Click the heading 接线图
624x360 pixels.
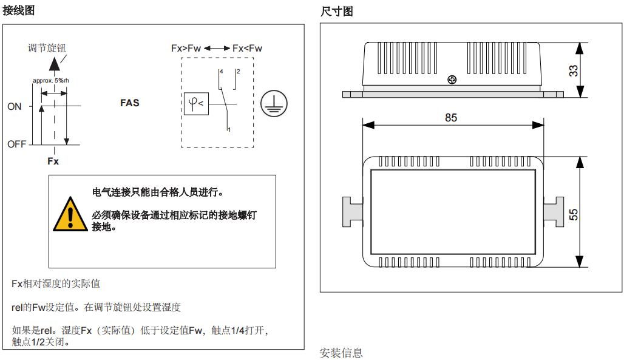point(19,10)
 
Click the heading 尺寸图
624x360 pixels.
point(336,11)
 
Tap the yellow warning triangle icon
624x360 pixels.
point(70,215)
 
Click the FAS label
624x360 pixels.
point(129,103)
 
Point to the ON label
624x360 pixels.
point(15,107)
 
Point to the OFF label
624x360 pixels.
point(17,144)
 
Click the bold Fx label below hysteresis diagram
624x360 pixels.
point(53,161)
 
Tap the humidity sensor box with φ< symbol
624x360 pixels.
point(196,104)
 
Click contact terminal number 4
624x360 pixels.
point(222,72)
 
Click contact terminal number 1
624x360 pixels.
point(229,129)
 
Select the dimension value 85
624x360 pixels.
point(450,118)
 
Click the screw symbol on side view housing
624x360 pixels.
point(451,80)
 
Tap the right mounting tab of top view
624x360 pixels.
point(554,212)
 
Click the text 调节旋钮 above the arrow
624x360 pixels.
point(47,48)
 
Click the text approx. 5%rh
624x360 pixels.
point(50,80)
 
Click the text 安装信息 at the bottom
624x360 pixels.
point(341,353)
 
